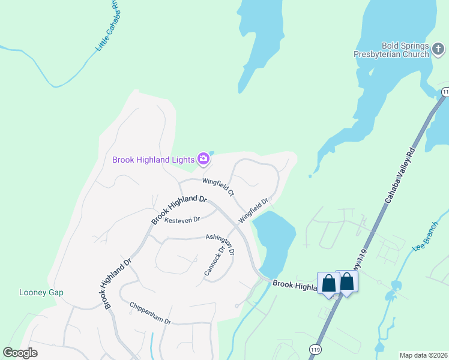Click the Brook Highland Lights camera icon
(203, 158)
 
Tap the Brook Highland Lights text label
(154, 160)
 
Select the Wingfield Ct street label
(218, 187)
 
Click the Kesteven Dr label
(182, 220)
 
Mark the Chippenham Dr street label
(150, 313)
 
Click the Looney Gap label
(41, 293)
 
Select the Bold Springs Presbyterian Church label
(406, 50)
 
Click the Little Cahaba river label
(108, 37)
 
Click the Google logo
(20, 353)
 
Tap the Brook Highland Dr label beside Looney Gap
(117, 283)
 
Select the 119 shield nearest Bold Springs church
(445, 92)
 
